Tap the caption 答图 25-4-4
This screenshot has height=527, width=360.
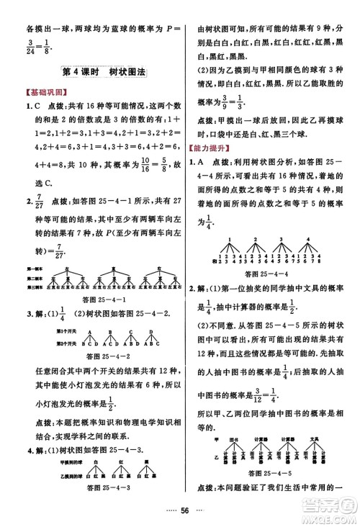point(268,275)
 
